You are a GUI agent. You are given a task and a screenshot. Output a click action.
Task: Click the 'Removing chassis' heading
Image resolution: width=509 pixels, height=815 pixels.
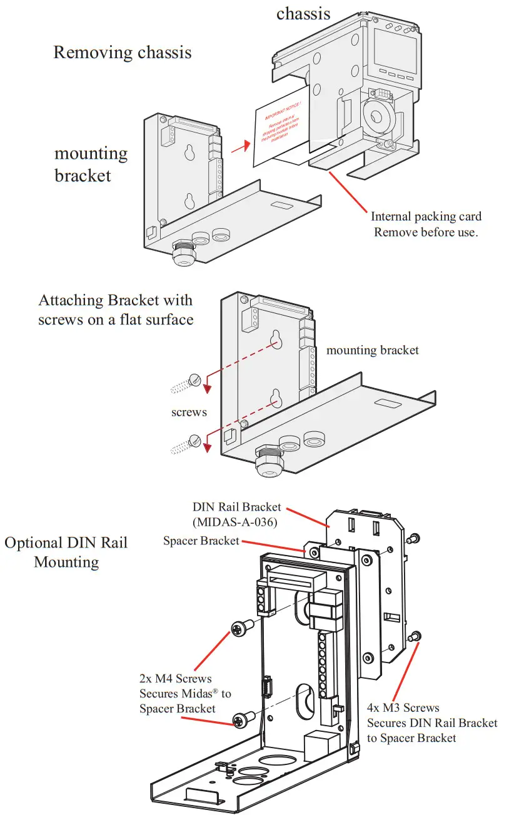(x=123, y=52)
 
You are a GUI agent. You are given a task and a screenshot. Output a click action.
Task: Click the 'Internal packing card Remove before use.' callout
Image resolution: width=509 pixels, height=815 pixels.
(x=426, y=224)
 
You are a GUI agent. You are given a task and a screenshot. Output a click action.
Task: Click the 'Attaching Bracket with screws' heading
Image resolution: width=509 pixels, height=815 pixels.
(x=116, y=309)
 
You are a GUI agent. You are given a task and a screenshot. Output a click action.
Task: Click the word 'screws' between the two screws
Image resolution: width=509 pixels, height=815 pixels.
(x=189, y=413)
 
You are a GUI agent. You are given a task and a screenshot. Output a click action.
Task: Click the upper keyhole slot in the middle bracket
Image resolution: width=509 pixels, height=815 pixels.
(x=275, y=338)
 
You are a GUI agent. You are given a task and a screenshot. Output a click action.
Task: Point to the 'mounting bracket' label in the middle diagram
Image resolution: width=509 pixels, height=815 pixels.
(x=372, y=350)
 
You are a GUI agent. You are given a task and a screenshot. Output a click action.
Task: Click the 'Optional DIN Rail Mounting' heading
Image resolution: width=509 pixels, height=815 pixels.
(x=66, y=552)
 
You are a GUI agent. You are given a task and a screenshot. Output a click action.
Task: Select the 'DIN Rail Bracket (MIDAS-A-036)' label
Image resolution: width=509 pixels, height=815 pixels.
(x=237, y=514)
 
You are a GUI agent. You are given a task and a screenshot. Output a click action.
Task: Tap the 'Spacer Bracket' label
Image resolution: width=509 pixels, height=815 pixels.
(x=201, y=541)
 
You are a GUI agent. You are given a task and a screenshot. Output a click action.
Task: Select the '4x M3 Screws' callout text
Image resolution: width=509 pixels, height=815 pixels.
(x=432, y=723)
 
